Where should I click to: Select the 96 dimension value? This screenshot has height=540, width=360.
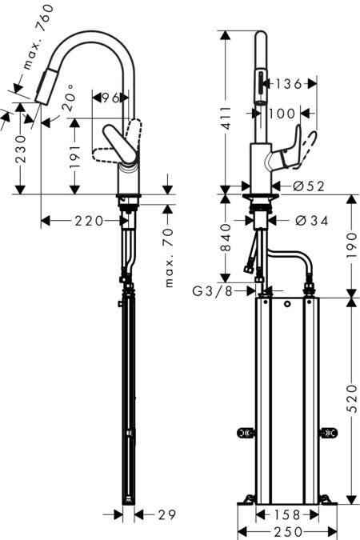click(x=110, y=98)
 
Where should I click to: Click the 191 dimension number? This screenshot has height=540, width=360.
click(x=74, y=157)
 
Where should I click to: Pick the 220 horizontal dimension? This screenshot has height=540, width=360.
click(x=90, y=221)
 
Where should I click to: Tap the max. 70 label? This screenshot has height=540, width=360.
click(x=169, y=258)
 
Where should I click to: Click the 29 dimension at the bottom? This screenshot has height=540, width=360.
click(x=166, y=515)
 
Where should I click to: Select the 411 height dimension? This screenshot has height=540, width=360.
click(x=226, y=118)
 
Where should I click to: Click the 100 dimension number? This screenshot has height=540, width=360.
click(x=282, y=114)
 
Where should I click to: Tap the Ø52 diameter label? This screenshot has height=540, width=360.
click(x=309, y=186)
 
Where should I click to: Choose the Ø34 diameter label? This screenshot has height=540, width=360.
click(x=312, y=221)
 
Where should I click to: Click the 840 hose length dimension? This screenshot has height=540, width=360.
click(x=226, y=238)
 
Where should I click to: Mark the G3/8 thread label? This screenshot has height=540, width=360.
click(x=213, y=291)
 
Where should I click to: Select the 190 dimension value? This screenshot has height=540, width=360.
click(x=352, y=246)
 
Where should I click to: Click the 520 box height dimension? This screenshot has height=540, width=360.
click(x=352, y=398)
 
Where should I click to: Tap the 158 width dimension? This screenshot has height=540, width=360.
click(x=287, y=515)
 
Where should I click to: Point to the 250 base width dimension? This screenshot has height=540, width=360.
click(x=288, y=532)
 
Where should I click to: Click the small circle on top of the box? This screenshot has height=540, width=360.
click(x=287, y=304)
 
